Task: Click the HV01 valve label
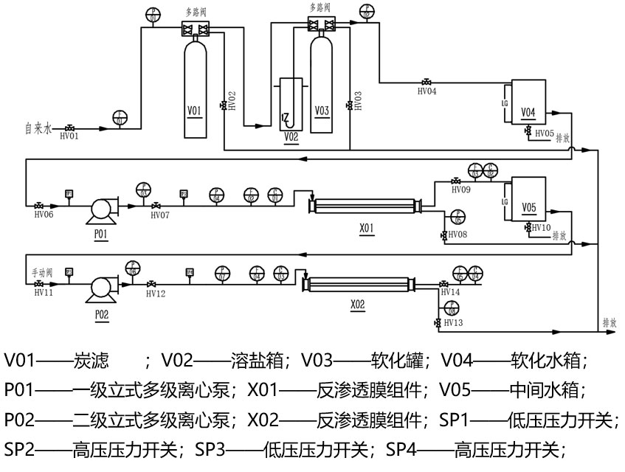tap(69, 136)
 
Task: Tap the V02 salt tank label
tap(291, 138)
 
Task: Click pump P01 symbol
tap(100, 209)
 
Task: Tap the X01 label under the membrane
tap(367, 228)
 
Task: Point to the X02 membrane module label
tap(357, 304)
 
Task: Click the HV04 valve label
tap(427, 91)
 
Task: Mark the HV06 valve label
tap(44, 215)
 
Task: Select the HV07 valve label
tap(160, 215)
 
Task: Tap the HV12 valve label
tap(155, 294)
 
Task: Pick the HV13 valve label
tap(454, 322)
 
